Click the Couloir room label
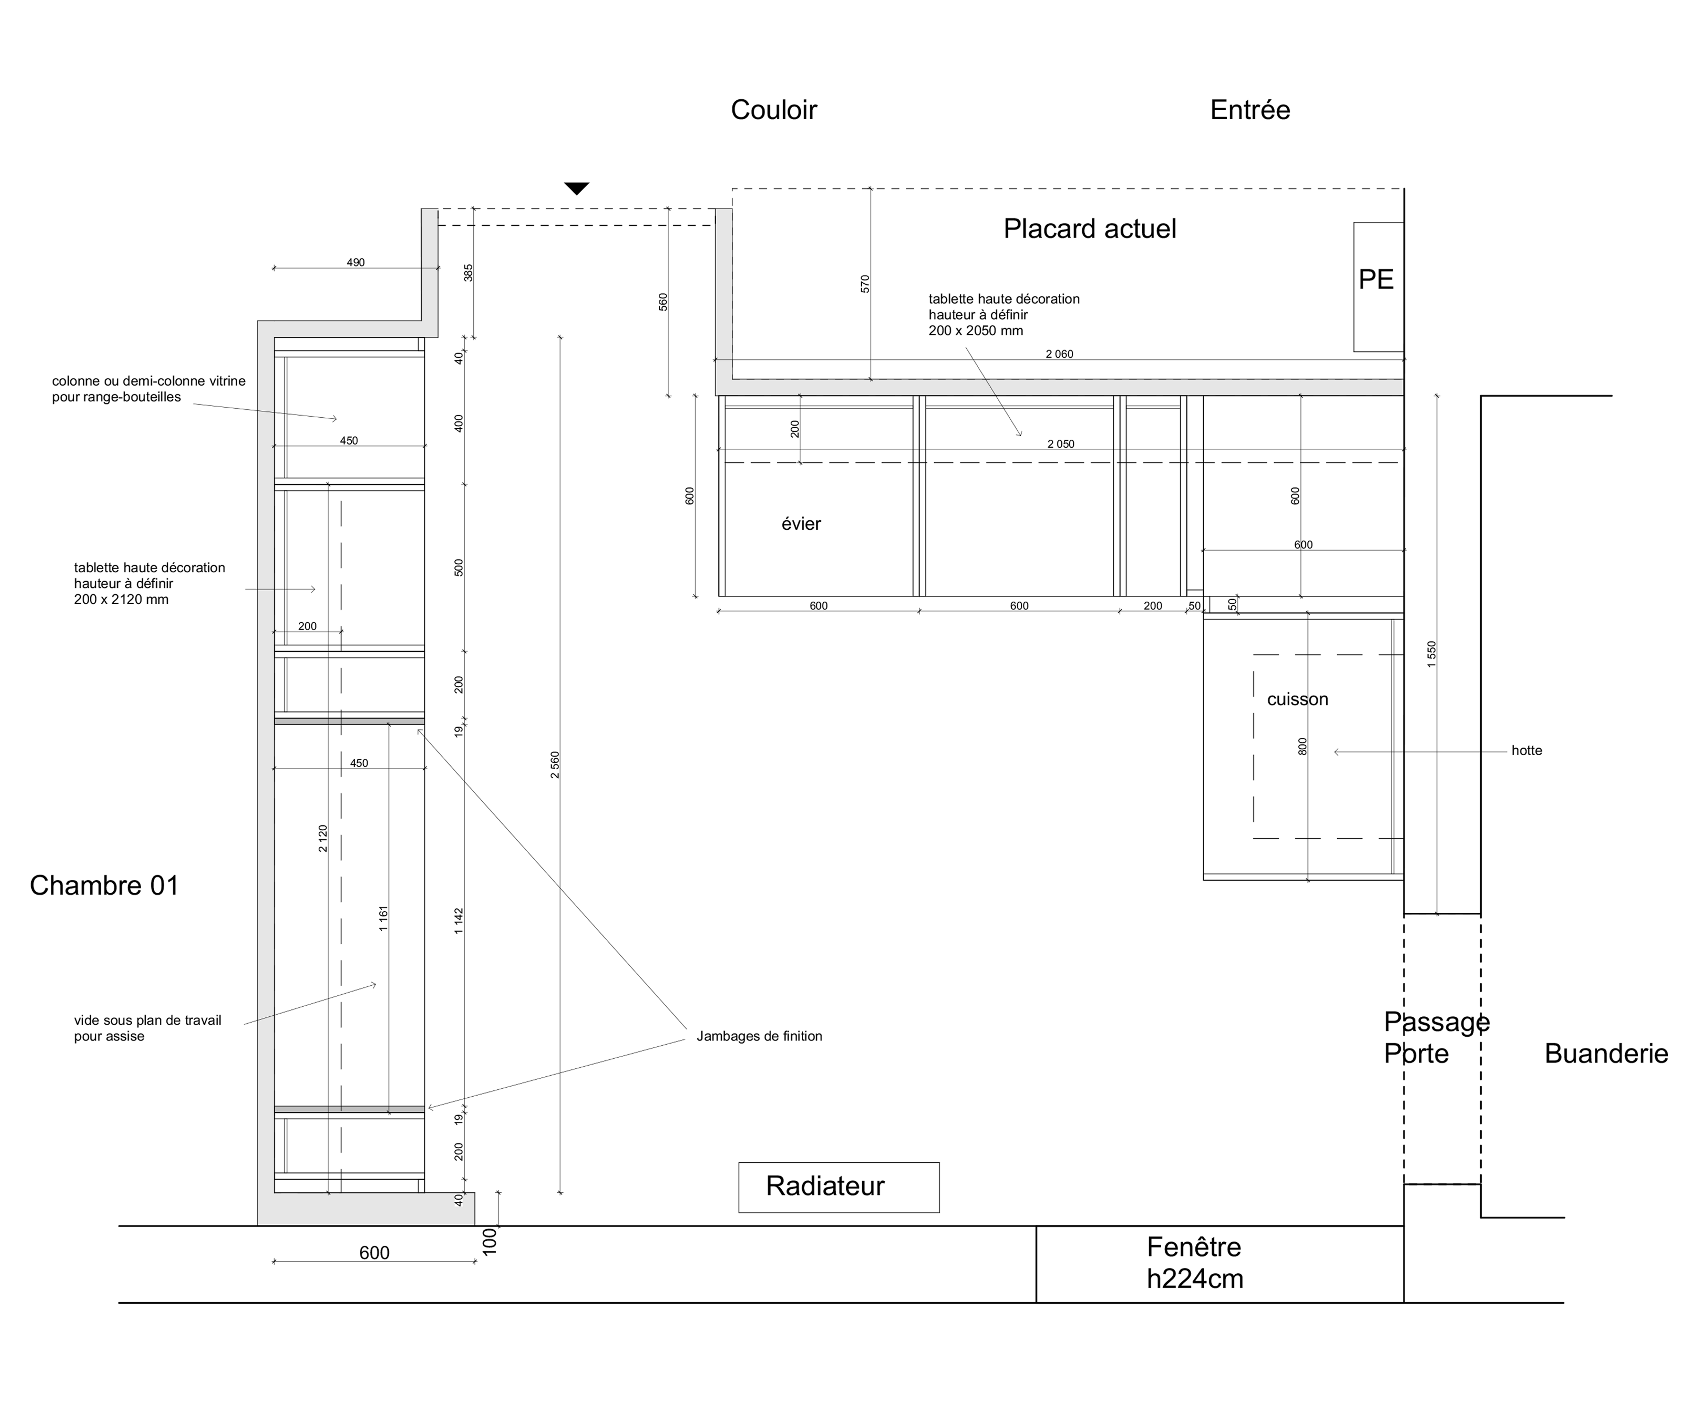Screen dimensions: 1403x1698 [773, 110]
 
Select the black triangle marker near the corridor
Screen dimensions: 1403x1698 [576, 188]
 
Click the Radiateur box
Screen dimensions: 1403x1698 [838, 1186]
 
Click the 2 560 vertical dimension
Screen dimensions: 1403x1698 [554, 765]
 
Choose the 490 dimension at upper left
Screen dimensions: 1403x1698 [356, 263]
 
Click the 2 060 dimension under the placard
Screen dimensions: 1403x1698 [1059, 354]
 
